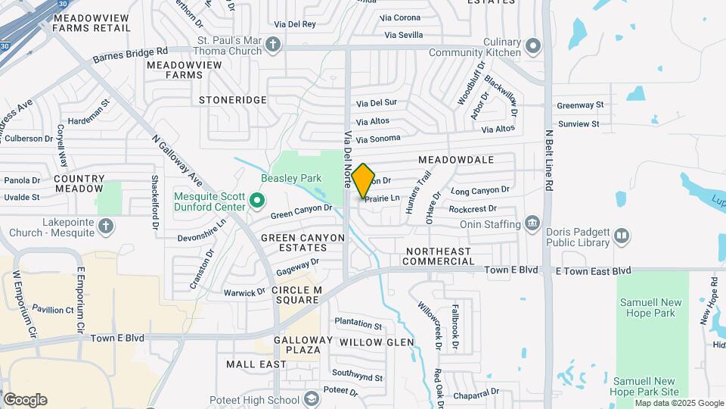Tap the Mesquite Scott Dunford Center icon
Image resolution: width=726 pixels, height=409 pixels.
[257, 201]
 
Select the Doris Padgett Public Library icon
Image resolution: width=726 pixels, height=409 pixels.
[622, 236]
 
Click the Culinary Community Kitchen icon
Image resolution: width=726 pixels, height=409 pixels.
[534, 46]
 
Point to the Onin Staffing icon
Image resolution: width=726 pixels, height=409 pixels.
[533, 223]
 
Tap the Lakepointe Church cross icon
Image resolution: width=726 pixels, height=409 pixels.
[106, 225]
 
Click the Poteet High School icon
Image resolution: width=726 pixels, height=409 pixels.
[312, 400]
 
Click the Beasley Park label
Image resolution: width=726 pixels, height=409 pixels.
[291, 179]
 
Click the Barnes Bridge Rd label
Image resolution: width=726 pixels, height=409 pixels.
[129, 55]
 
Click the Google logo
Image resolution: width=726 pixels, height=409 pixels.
[25, 400]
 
